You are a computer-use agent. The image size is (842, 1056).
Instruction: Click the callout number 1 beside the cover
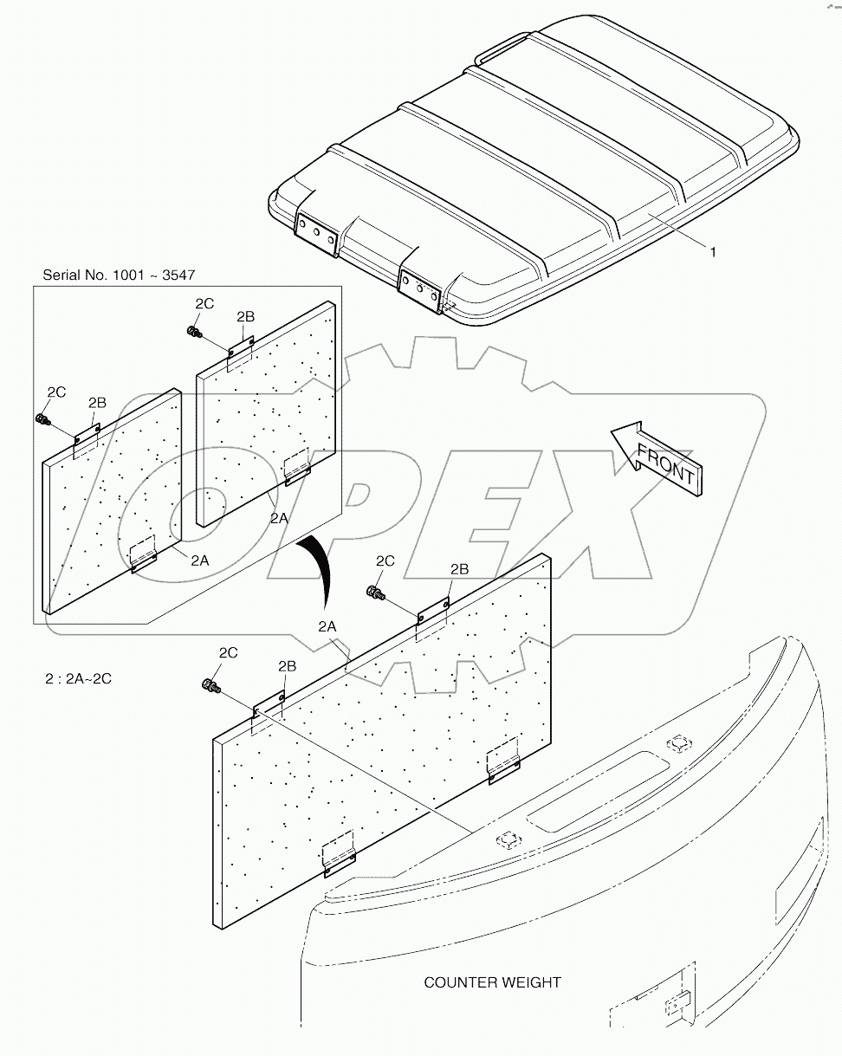pos(712,252)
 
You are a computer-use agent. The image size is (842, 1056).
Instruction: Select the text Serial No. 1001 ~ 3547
pos(119,275)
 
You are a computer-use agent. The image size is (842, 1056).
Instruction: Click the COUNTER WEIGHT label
pos(492,982)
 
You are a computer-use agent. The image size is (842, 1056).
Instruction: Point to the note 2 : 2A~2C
pos(79,678)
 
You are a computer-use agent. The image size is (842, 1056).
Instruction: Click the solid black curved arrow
pos(317,570)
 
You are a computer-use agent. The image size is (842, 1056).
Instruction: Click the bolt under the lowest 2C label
pos(209,686)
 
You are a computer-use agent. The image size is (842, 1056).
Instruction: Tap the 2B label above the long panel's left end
pos(288,665)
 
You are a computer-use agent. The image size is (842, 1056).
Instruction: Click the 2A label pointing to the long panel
pos(327,625)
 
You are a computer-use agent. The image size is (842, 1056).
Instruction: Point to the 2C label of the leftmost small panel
pos(56,392)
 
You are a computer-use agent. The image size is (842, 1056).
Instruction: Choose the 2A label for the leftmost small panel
pos(199,560)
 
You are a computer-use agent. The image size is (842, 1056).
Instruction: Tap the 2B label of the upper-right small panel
pos(245,316)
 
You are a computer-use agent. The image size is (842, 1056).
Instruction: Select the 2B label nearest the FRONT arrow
pos(459,568)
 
